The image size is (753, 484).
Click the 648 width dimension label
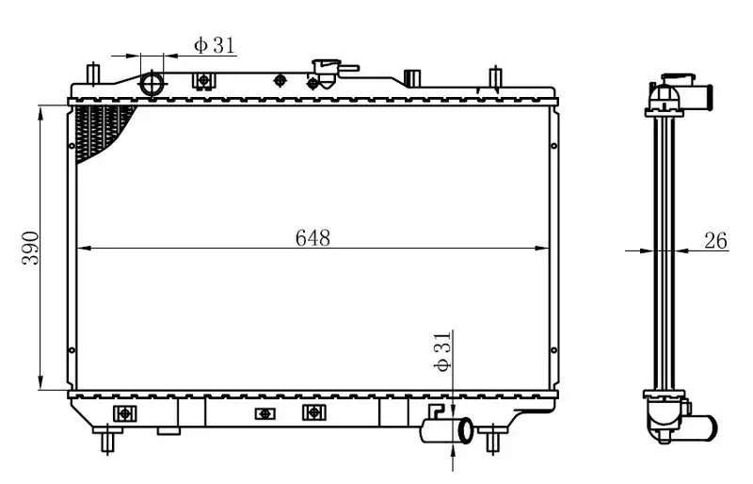(312, 238)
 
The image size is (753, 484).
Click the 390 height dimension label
(31, 248)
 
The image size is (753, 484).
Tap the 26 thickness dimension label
(715, 240)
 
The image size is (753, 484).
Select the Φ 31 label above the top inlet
(215, 45)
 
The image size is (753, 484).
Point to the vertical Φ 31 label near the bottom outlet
(442, 352)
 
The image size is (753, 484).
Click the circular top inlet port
(152, 84)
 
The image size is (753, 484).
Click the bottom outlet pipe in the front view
(446, 430)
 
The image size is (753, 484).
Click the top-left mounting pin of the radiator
(93, 74)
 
